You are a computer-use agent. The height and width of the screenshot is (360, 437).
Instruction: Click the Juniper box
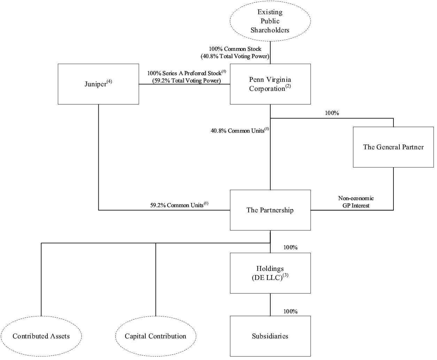[98, 84]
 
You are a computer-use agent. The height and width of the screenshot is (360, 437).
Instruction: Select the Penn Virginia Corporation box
[270, 84]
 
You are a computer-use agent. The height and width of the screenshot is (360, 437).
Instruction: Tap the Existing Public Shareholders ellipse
[270, 21]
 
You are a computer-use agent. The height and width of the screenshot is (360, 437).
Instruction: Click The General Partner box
[393, 147]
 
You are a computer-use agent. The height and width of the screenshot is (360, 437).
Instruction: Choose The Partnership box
[270, 210]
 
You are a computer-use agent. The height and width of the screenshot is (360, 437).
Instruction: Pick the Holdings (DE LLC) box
[270, 273]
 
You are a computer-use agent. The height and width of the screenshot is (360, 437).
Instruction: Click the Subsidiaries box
[270, 336]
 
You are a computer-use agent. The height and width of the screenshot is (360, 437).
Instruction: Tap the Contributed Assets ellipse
[41, 336]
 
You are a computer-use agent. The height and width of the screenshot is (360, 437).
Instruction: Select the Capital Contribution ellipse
[155, 336]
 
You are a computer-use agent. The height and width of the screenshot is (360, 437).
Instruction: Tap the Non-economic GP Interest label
[356, 202]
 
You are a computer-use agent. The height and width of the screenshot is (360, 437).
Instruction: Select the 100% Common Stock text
[235, 49]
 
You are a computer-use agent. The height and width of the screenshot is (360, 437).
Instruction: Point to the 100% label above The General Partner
[332, 113]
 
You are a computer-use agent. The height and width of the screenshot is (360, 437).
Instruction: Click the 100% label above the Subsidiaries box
[290, 312]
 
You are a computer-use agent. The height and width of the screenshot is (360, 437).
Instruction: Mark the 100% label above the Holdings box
[290, 248]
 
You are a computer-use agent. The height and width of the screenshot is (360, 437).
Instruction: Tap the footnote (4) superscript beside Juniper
[109, 82]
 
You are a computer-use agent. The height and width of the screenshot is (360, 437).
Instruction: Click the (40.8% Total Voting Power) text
[235, 56]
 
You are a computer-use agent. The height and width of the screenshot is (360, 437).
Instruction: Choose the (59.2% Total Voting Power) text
[186, 81]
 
